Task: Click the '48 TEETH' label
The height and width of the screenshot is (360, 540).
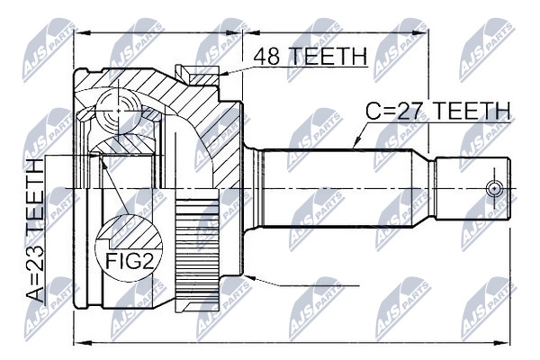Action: click(x=310, y=56)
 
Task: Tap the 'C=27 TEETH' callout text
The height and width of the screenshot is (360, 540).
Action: click(x=437, y=111)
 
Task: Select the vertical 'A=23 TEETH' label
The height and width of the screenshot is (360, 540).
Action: click(x=35, y=230)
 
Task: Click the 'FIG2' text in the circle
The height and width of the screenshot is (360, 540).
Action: click(x=129, y=260)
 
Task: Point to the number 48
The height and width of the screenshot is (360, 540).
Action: click(x=266, y=56)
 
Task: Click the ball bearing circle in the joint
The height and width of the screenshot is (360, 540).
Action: click(x=119, y=112)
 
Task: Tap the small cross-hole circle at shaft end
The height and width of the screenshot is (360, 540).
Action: click(x=494, y=188)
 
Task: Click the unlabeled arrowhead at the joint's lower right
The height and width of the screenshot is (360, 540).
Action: click(x=248, y=277)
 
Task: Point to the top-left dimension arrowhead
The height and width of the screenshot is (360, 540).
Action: click(x=83, y=33)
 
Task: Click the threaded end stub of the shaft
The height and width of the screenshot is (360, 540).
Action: click(x=472, y=188)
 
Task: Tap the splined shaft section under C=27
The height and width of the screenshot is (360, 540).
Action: click(x=337, y=188)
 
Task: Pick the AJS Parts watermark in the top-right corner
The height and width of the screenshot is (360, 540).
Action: click(x=486, y=50)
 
